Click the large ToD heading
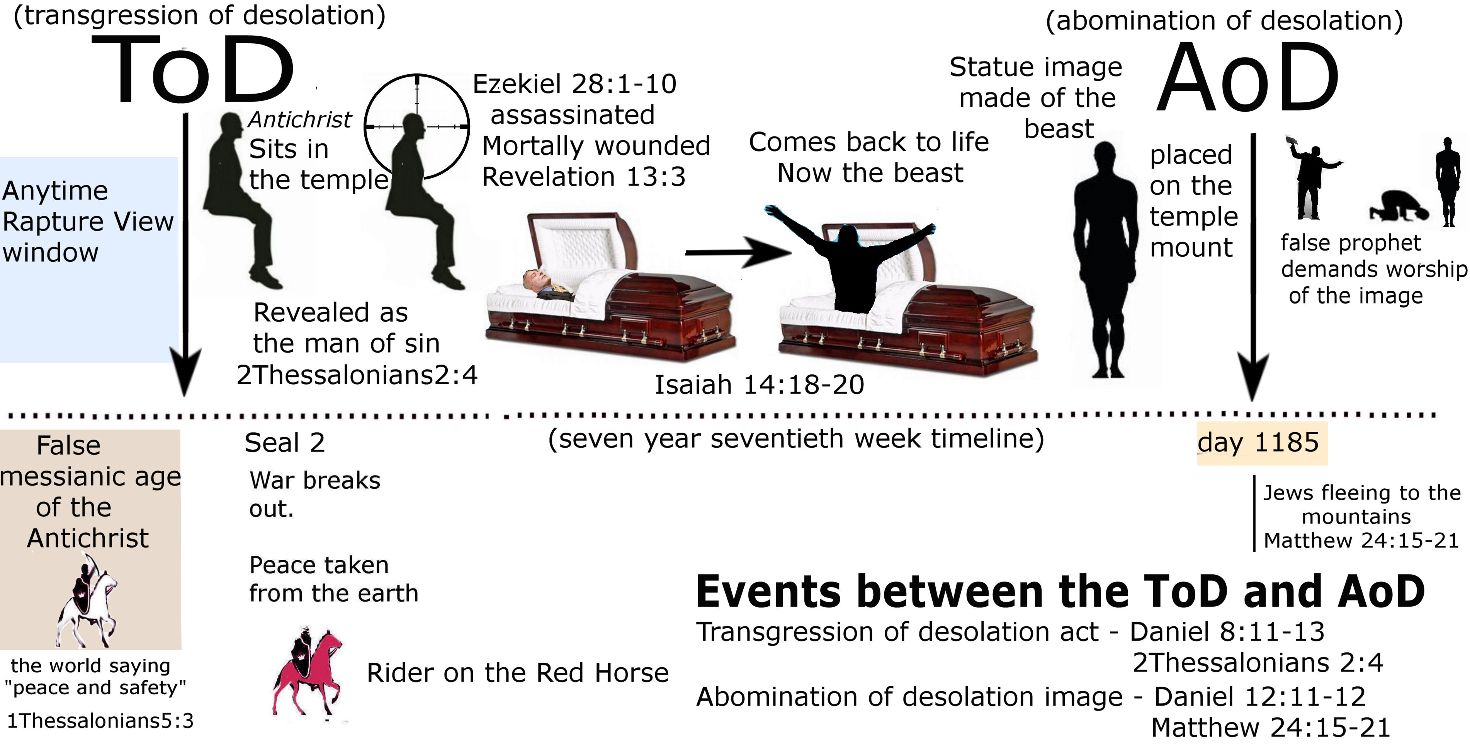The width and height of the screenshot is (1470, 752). [x=193, y=70]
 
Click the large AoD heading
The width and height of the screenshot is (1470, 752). [x=1248, y=78]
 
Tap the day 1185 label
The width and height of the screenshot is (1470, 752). [x=1258, y=443]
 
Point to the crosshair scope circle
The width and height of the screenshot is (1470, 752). [x=417, y=126]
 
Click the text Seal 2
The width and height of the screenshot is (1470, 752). [x=285, y=443]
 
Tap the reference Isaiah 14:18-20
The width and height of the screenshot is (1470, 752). [x=759, y=385]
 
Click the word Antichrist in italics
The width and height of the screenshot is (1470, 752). [x=299, y=120]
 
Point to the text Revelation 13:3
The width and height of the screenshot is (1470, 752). [x=583, y=177]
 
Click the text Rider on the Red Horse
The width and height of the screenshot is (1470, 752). [x=518, y=673]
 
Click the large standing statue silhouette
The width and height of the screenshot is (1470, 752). [x=1105, y=260]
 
